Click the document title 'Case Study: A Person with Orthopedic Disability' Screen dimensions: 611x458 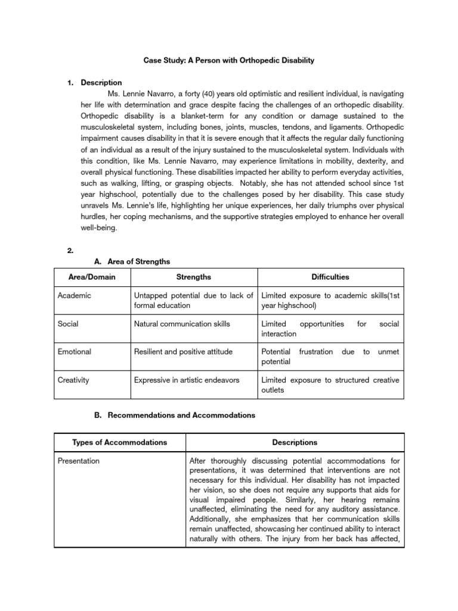pos(228,61)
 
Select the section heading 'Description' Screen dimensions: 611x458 pos(101,83)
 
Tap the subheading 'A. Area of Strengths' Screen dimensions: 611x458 pos(132,261)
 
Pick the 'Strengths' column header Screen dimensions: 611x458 pos(193,277)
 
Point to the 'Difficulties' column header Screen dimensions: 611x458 pos(330,277)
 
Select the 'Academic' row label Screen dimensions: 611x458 pos(75,296)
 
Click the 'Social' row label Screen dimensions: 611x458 pos(68,324)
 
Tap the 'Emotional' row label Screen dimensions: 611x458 pos(75,352)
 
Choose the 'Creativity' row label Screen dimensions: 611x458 pos(74,380)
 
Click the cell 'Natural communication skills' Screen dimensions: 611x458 pos(182,324)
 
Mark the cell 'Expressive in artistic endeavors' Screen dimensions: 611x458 pos(190,380)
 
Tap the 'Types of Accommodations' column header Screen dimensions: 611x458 pos(119,442)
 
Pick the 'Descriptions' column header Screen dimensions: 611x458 pos(295,442)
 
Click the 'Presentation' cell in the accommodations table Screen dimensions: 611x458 pos(79,461)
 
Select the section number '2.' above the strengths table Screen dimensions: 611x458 pos(70,251)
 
